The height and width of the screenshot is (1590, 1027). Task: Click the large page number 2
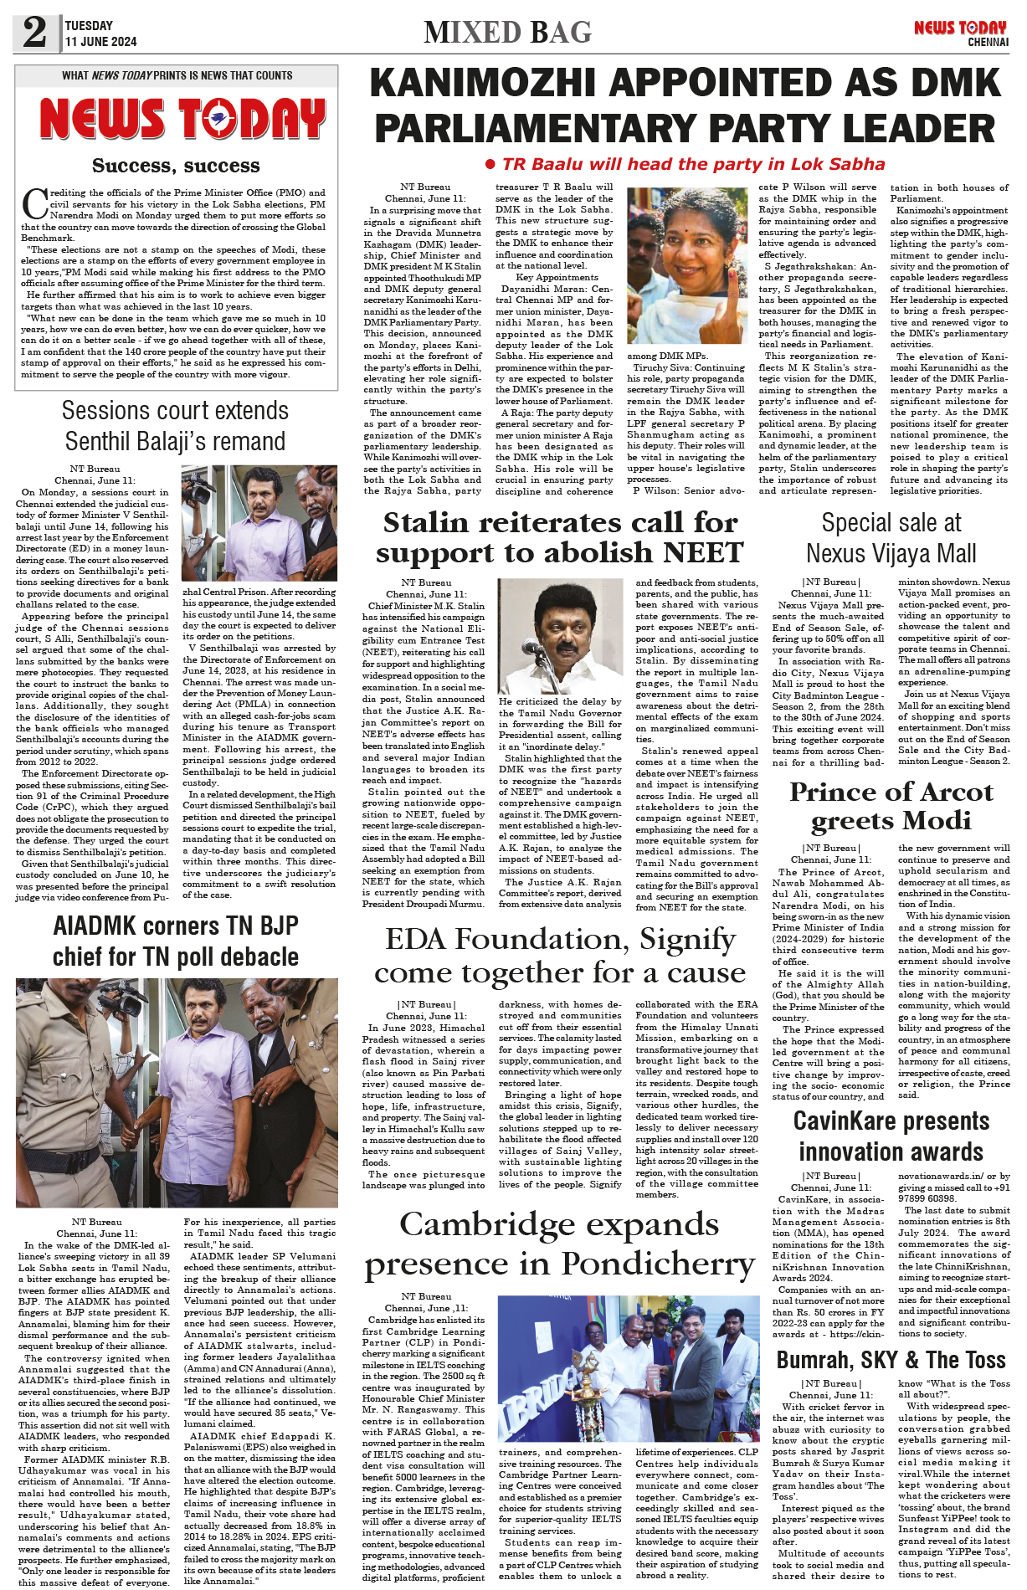pos(34,32)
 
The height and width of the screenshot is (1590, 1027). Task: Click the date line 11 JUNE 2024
pos(100,42)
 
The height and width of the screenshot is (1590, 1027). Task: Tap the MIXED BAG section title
pos(507,33)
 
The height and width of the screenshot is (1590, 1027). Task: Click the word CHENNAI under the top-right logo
pos(988,42)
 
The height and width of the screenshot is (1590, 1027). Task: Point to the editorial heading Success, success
pos(176,166)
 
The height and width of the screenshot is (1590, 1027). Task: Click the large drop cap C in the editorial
pos(33,203)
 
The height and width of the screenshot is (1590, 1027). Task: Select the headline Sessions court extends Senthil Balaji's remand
pos(176,426)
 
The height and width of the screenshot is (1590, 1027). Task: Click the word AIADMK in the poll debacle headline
pos(98,926)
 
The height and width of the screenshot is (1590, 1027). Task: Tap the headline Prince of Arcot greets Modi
pos(891,806)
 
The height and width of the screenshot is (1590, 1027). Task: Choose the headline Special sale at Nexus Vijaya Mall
pos(891,537)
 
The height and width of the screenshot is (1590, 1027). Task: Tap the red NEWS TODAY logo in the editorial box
pos(182,119)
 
